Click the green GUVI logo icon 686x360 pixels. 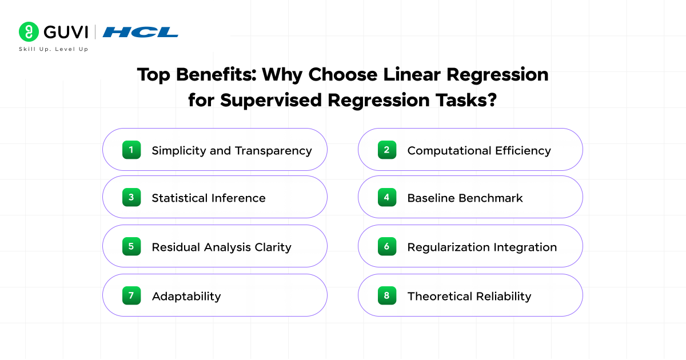(29, 32)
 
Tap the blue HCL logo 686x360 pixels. (141, 33)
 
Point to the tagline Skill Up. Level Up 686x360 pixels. (54, 49)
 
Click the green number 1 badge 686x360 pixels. (131, 150)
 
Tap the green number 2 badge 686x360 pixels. (387, 150)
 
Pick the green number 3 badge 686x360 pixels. (131, 197)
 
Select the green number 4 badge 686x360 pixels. (387, 197)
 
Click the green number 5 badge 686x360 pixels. (131, 246)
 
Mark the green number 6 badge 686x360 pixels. (387, 246)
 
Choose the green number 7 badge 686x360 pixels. (131, 295)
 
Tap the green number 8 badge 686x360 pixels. (387, 295)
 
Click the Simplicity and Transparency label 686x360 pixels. (232, 151)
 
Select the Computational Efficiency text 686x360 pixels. (479, 151)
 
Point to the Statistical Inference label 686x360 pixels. (209, 198)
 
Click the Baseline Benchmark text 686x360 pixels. (465, 198)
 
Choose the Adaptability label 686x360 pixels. (186, 297)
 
